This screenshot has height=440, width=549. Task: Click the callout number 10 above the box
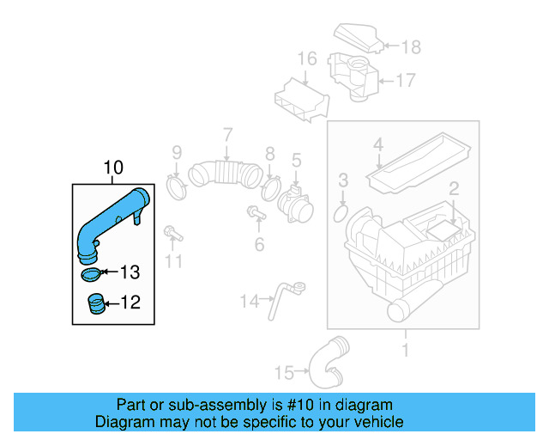coord(114,168)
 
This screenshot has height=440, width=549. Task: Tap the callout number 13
coord(129,273)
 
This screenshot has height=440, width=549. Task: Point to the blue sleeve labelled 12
coord(95,303)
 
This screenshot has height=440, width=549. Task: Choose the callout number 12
coord(129,302)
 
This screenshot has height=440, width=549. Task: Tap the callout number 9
coord(176,153)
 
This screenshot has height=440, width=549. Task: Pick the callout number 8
coord(269,154)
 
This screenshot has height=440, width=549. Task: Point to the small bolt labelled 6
coord(255,213)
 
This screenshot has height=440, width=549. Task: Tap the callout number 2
coord(454,187)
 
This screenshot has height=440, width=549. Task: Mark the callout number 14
coord(249,302)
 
